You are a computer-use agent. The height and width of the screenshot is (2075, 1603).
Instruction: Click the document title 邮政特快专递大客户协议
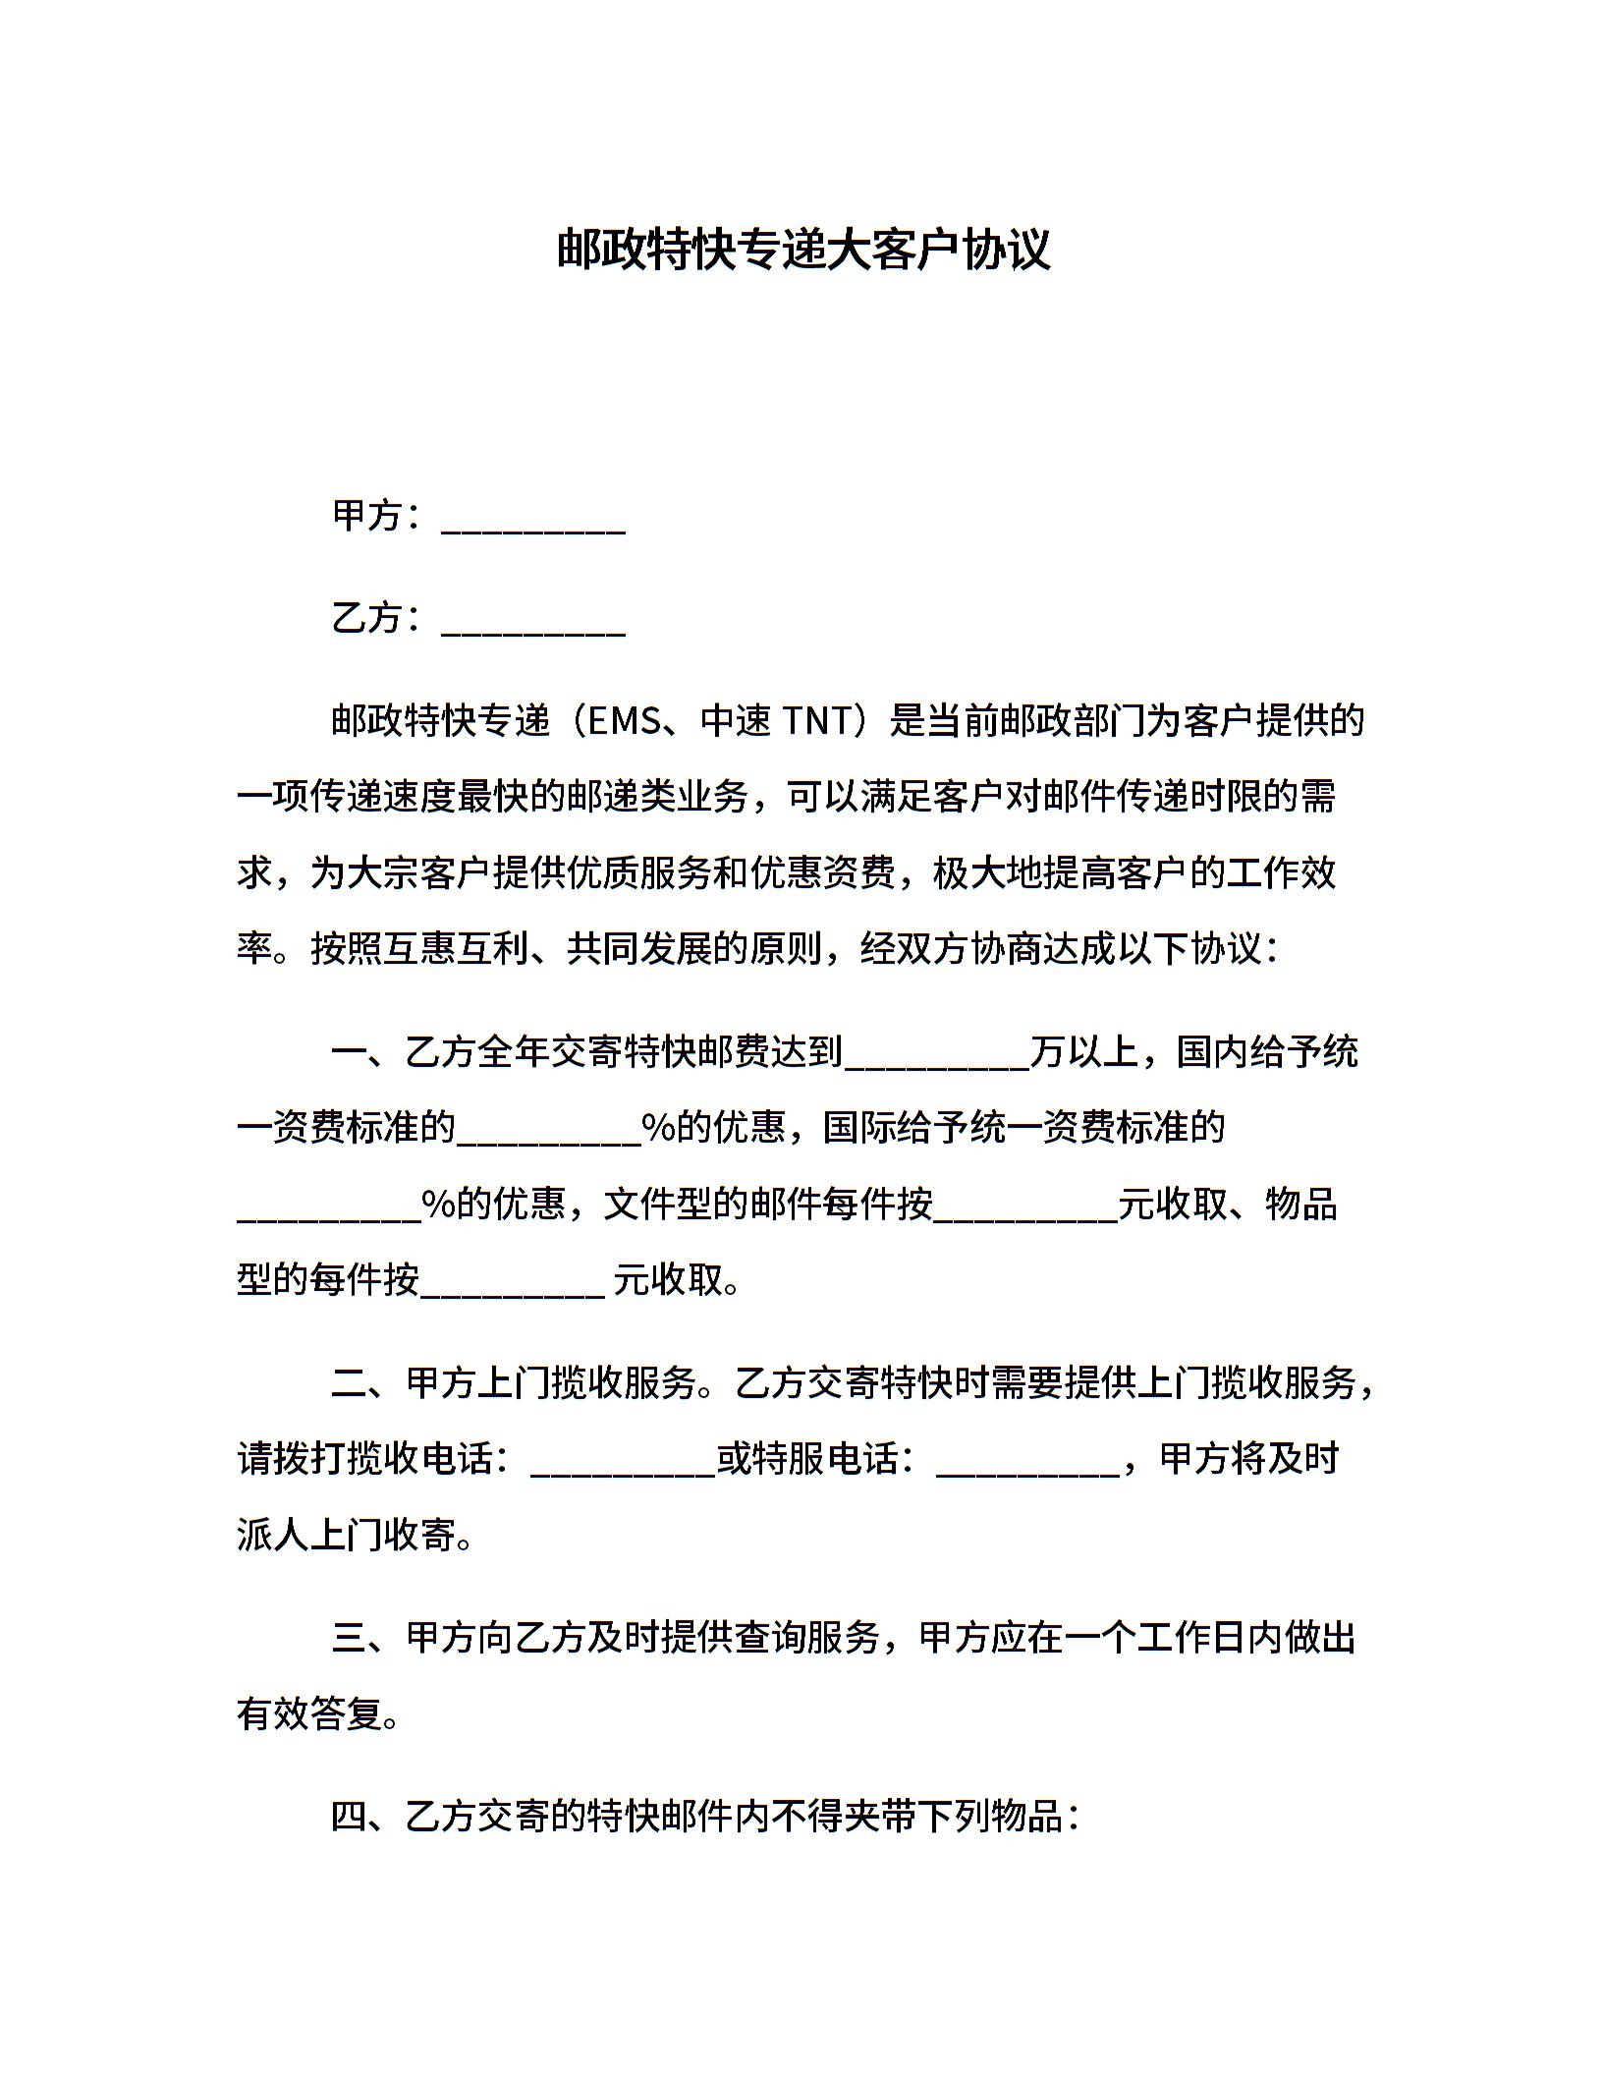click(x=802, y=250)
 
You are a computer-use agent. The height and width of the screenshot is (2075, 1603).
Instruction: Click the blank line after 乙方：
click(x=533, y=621)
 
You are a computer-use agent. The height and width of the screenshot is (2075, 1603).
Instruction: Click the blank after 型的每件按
click(x=512, y=1284)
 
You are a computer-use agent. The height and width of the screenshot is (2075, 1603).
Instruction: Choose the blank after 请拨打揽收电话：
click(x=623, y=1463)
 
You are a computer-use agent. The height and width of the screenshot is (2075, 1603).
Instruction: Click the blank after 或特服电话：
click(x=1028, y=1463)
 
